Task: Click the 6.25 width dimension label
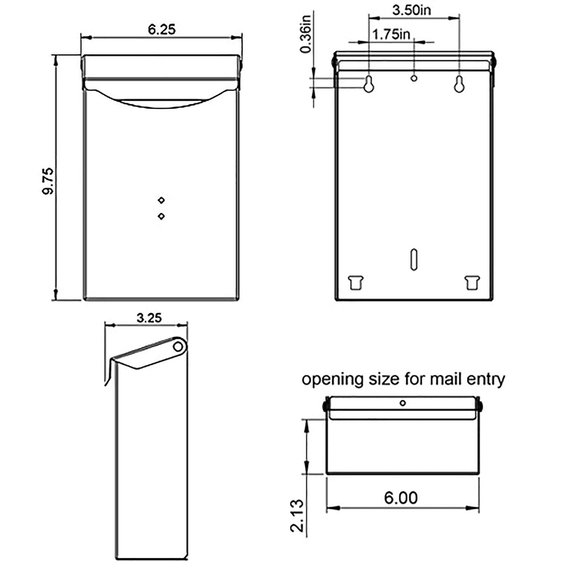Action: (162, 29)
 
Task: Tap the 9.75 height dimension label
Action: (48, 181)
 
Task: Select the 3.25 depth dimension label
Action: (149, 318)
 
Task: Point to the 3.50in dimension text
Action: (411, 10)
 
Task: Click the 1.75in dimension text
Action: (391, 34)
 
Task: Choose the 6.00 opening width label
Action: (401, 498)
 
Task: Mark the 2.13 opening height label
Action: (297, 515)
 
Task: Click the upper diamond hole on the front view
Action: (161, 200)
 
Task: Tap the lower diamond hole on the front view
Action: (161, 216)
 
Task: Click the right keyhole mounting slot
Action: (459, 84)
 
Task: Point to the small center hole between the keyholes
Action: (414, 78)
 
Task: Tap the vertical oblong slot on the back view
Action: (414, 259)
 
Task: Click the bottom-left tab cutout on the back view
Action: (355, 282)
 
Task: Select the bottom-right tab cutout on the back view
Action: (472, 282)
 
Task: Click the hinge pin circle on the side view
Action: (177, 347)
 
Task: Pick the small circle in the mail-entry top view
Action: (403, 403)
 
